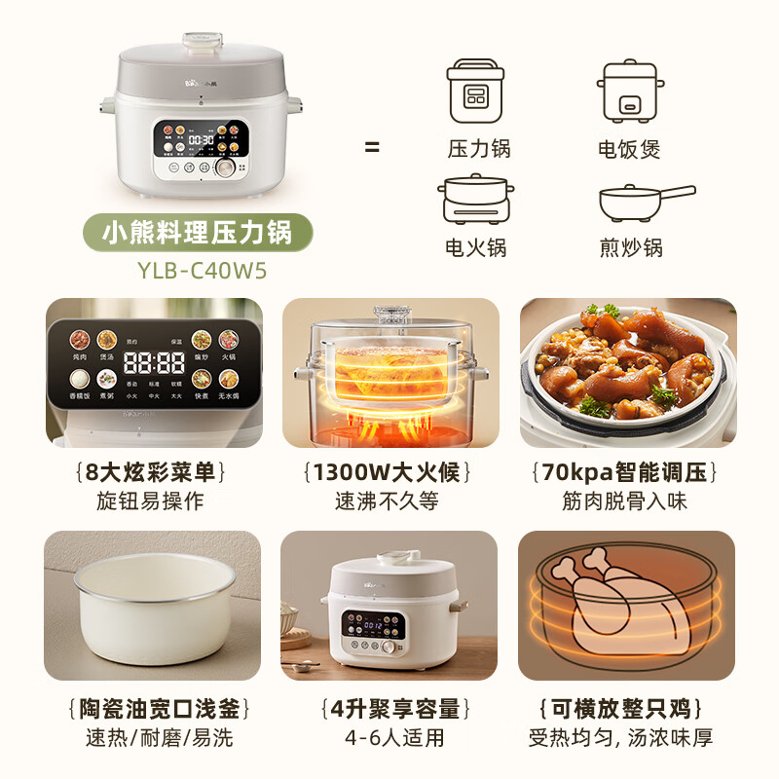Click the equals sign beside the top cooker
pyautogui.click(x=372, y=148)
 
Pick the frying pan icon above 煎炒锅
pyautogui.click(x=644, y=202)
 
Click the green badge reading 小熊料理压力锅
pyautogui.click(x=198, y=234)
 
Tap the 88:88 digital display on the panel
pyautogui.click(x=156, y=363)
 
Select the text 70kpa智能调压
pyautogui.click(x=628, y=473)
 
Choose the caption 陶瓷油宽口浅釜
pyautogui.click(x=154, y=708)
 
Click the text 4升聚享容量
pyautogui.click(x=389, y=708)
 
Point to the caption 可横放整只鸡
pyautogui.click(x=628, y=708)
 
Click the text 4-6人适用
pyautogui.click(x=389, y=738)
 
